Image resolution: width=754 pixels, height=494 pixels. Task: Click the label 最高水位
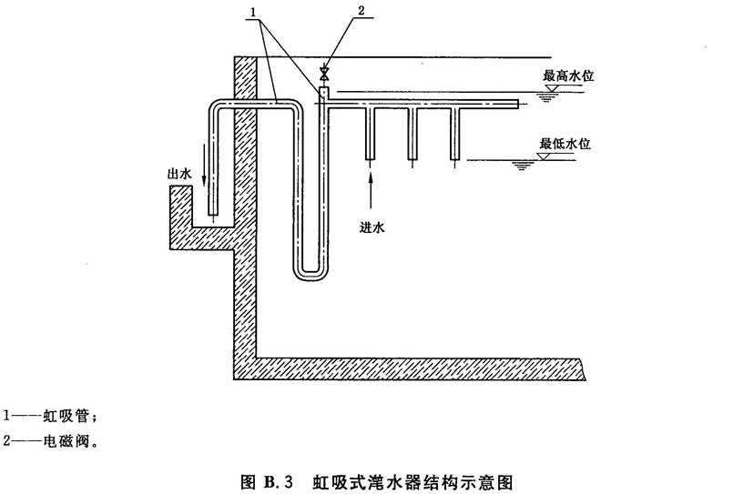click(567, 77)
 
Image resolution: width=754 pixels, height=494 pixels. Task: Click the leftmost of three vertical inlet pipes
click(370, 133)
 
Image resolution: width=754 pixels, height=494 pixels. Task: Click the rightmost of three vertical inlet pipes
click(455, 133)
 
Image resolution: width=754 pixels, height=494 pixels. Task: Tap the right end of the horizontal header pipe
click(515, 105)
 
